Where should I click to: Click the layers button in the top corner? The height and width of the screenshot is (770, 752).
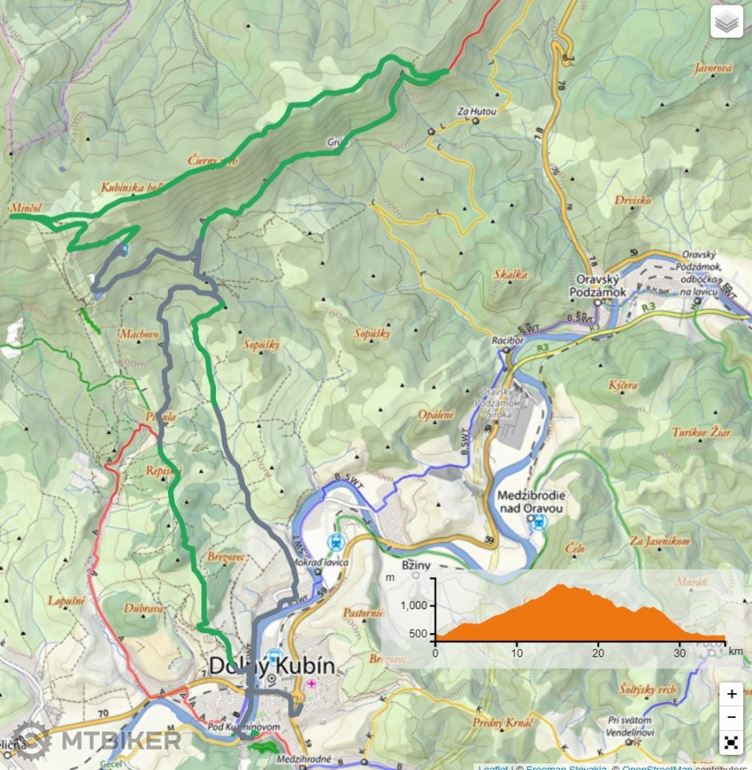pyautogui.click(x=727, y=23)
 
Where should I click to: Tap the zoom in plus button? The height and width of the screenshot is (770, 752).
pyautogui.click(x=731, y=694)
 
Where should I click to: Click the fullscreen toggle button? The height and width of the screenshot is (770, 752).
pyautogui.click(x=731, y=742)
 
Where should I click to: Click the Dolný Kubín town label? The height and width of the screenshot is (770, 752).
pyautogui.click(x=271, y=666)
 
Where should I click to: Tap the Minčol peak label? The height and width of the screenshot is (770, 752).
pyautogui.click(x=26, y=207)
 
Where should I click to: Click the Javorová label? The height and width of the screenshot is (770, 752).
pyautogui.click(x=714, y=69)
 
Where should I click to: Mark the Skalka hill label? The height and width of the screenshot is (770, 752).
pyautogui.click(x=510, y=274)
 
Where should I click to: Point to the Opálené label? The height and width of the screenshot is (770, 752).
pyautogui.click(x=436, y=415)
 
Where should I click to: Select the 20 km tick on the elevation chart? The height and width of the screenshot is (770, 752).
pyautogui.click(x=598, y=652)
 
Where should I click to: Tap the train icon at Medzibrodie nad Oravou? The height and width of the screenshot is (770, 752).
pyautogui.click(x=538, y=523)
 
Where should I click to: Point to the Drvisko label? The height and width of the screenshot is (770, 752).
pyautogui.click(x=632, y=200)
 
